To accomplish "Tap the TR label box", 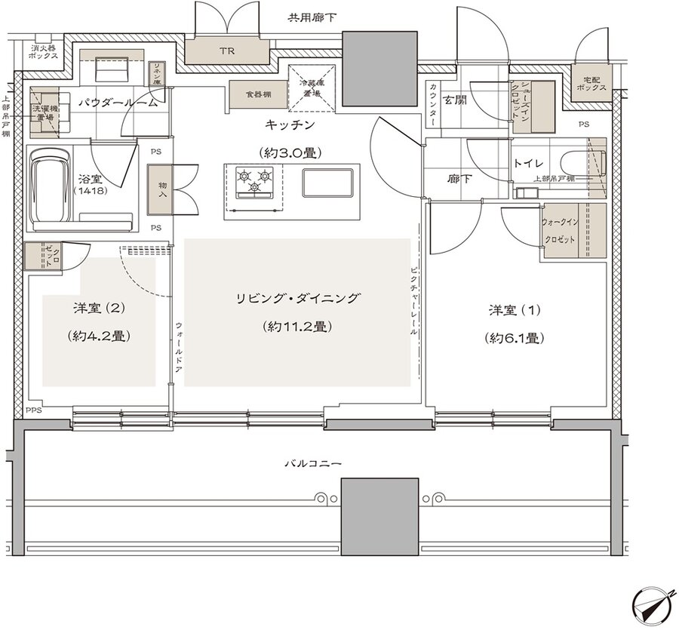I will tap(227, 52).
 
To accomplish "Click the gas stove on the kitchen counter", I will tap(253, 180).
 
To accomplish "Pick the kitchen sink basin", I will tap(327, 182).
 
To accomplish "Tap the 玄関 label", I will tap(454, 100).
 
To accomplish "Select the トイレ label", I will tap(524, 161).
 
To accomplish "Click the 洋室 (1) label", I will tap(515, 310).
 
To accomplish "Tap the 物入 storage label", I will tap(161, 189).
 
